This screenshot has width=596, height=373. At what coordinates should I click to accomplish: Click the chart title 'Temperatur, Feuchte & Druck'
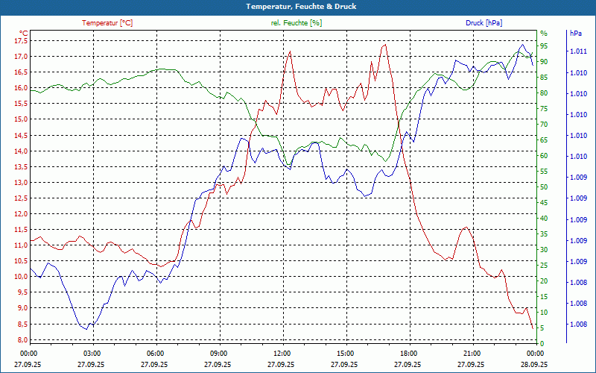(298, 7)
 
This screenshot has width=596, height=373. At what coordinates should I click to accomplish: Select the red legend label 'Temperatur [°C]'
(107, 23)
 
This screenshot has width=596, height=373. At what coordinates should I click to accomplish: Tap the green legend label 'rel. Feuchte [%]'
(297, 23)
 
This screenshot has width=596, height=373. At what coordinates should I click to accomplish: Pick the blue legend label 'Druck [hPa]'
(484, 23)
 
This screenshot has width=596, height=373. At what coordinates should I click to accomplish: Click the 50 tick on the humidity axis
(544, 187)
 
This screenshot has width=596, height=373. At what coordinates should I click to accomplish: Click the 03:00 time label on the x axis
(92, 353)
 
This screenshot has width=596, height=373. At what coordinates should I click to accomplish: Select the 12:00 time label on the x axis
(282, 353)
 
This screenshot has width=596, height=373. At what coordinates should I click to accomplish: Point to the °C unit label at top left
(24, 33)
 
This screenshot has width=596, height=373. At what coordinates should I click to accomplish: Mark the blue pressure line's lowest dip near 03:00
(86, 329)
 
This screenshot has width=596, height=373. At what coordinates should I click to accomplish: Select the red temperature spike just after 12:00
(289, 51)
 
